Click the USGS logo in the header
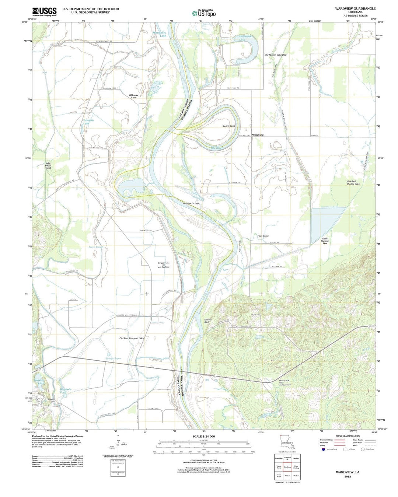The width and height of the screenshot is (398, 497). point(44,12)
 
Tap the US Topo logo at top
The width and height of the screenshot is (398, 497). point(203,13)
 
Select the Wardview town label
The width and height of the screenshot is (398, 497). point(258,135)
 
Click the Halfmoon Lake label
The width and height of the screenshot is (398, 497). point(245,38)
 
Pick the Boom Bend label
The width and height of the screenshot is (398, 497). point(228,126)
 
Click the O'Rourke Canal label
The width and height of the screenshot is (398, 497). point(133,97)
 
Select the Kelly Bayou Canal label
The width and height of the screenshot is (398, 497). point(48,165)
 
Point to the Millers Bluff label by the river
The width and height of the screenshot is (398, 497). point(209,321)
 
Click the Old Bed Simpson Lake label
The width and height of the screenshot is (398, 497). point(132,338)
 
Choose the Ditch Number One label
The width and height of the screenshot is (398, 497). point(325,241)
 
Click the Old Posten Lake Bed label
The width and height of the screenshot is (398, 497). point(275,55)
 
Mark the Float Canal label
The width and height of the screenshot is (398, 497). point(263,236)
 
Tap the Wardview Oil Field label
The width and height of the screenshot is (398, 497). point(191,203)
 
